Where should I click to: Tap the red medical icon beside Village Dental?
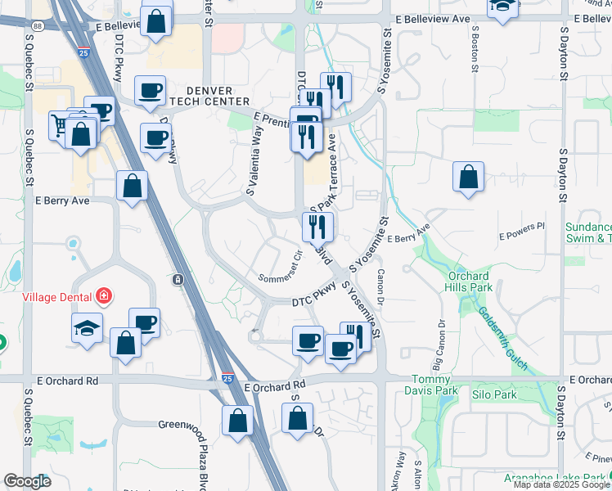pyautogui.click(x=104, y=295)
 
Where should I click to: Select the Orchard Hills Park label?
pyautogui.click(x=469, y=282)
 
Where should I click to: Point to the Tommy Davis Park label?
pyautogui.click(x=429, y=385)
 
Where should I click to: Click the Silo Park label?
pyautogui.click(x=494, y=394)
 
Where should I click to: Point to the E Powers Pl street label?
pyautogui.click(x=522, y=232)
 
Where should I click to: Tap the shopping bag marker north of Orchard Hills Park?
pyautogui.click(x=467, y=176)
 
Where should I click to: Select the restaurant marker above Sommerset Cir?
pyautogui.click(x=317, y=225)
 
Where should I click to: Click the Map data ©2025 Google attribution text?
pyautogui.click(x=561, y=484)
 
